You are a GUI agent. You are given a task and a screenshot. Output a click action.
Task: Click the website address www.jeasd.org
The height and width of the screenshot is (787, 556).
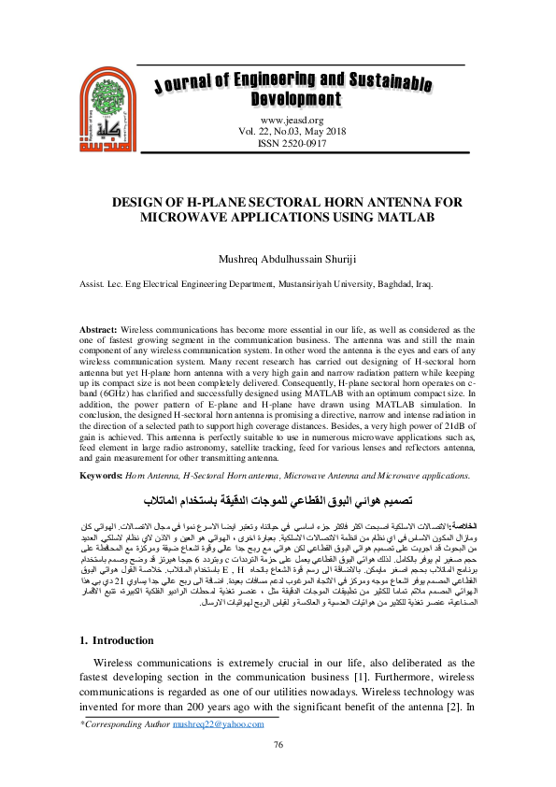tap(292, 120)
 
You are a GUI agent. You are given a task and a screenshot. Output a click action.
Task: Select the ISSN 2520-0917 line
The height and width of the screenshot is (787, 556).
tap(292, 144)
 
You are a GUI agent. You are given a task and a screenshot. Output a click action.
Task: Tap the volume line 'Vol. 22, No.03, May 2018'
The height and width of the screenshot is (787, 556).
tap(292, 132)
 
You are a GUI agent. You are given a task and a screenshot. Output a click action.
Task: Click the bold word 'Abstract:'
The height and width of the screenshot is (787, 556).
tap(98, 331)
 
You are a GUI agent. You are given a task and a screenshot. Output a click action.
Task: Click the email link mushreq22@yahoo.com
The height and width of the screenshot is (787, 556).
tap(225, 723)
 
